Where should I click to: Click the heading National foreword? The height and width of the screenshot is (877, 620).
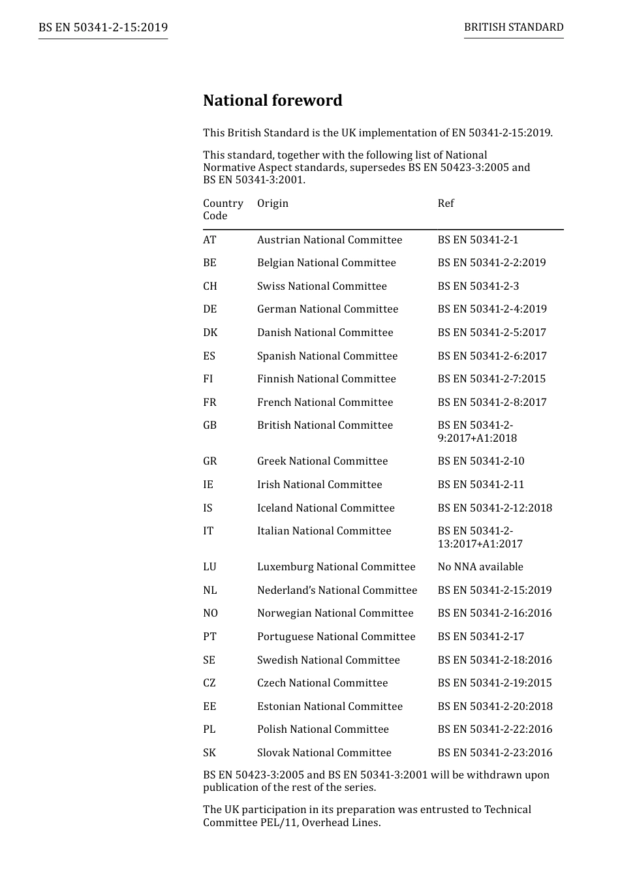(x=272, y=100)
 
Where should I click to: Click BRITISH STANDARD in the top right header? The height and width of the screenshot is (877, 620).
(x=514, y=27)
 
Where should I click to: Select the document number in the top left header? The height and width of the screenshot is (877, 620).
(x=103, y=27)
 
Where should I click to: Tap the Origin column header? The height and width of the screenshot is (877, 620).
(x=273, y=204)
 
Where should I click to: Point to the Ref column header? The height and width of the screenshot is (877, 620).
(x=446, y=204)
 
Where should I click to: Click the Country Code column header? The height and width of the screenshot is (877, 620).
(x=223, y=209)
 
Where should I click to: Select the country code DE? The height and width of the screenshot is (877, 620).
(x=210, y=309)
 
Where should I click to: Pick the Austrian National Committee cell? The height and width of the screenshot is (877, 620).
(x=330, y=240)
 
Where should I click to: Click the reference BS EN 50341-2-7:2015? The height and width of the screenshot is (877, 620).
(x=491, y=379)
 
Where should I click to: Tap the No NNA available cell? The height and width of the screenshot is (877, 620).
(x=480, y=567)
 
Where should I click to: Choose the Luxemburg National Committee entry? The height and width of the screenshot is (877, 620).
(x=336, y=567)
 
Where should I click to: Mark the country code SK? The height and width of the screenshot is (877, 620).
(x=209, y=753)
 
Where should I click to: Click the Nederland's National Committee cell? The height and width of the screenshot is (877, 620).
(x=337, y=591)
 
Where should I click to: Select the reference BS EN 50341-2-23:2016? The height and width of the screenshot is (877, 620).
(x=495, y=753)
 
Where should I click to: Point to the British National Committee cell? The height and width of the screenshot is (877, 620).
(x=325, y=425)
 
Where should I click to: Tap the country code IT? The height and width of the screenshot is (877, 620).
(x=208, y=531)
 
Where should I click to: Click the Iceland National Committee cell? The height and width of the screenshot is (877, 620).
(x=326, y=508)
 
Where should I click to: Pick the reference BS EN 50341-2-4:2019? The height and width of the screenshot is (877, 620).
(x=492, y=309)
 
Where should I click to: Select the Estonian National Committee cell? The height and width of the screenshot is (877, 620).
(x=330, y=707)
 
